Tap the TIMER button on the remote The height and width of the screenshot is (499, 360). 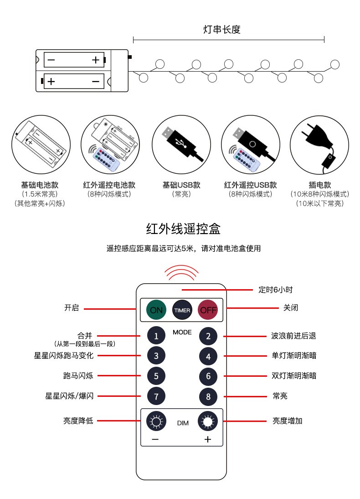(182, 310)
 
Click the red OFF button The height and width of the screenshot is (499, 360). (208, 310)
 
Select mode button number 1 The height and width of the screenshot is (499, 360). (156, 336)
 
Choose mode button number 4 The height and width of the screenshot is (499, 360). (208, 356)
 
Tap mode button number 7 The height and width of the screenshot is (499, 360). (156, 396)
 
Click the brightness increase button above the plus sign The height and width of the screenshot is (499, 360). (208, 421)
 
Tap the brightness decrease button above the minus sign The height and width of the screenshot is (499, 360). (156, 421)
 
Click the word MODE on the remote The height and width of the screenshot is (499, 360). (182, 332)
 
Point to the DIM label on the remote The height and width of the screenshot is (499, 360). (183, 423)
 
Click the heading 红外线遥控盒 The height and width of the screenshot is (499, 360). (183, 229)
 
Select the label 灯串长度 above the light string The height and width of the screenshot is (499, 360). (222, 29)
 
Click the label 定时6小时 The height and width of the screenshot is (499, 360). (275, 290)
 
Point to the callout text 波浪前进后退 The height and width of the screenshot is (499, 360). (293, 336)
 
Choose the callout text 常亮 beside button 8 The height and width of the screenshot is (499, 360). (280, 396)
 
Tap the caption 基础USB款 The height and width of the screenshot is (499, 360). (181, 185)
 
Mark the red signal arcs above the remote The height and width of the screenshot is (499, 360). (181, 272)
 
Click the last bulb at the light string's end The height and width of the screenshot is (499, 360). (335, 65)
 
